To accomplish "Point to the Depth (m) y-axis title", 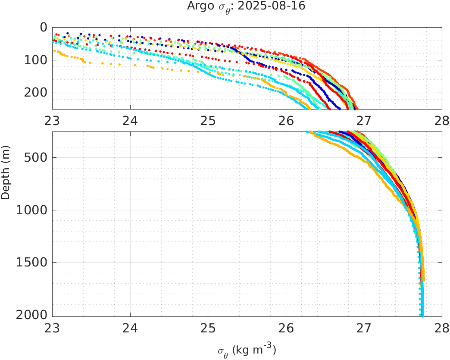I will click(x=6, y=176).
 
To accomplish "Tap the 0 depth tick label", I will click(x=43, y=27).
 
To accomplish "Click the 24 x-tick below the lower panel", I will click(x=130, y=326).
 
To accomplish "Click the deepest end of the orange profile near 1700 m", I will click(x=423, y=280).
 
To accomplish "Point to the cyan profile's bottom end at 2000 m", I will click(x=422, y=315).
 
